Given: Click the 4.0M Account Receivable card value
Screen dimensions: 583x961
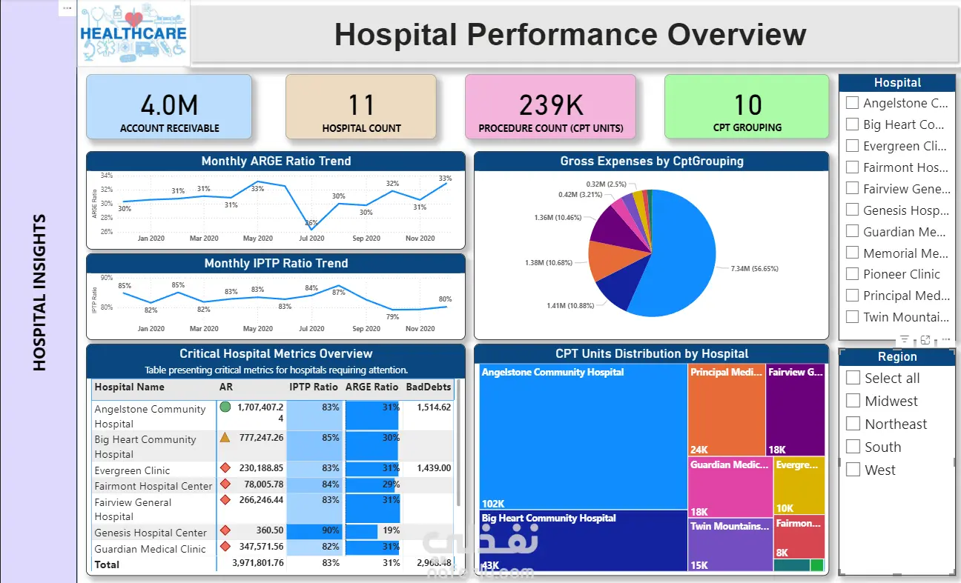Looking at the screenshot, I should click(169, 105).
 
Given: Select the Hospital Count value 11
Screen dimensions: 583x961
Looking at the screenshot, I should click(361, 105).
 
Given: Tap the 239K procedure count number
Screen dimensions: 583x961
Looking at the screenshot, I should click(550, 105).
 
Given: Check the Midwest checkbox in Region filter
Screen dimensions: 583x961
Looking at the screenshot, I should click(853, 401).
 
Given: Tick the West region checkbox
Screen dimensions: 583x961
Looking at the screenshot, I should click(853, 470).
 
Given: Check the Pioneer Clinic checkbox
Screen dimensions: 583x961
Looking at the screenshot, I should click(852, 274).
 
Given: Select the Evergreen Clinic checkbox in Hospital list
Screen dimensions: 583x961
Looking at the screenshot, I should click(852, 146).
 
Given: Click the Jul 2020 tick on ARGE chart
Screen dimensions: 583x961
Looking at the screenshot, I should click(311, 239).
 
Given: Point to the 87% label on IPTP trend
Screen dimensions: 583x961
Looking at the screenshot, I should click(338, 293).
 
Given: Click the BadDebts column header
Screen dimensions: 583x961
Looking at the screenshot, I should click(428, 387).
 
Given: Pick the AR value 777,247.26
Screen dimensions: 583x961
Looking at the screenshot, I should click(261, 438).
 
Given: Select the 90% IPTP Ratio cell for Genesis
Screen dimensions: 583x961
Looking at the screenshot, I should click(315, 531).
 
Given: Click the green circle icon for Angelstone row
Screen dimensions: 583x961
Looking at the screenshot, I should click(225, 407).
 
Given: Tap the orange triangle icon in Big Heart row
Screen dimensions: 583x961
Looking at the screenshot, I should click(225, 437).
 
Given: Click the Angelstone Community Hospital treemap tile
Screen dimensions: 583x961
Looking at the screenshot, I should click(583, 437).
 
